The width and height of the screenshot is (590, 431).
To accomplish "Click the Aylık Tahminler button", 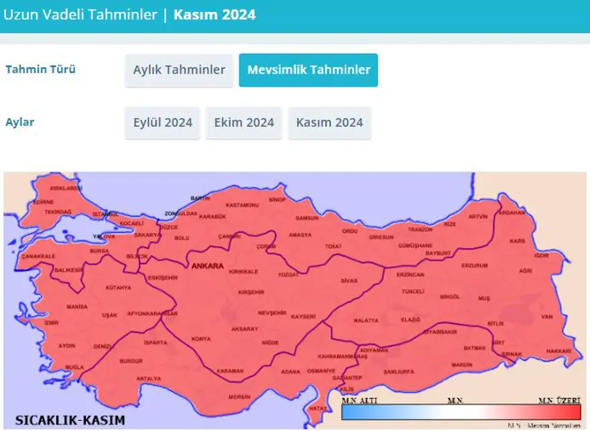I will tap(178, 70).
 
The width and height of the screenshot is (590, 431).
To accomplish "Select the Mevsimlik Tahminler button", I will tap(308, 70).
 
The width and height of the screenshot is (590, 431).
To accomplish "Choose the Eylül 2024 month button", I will tap(162, 123).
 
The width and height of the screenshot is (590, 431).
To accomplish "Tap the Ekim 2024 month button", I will tap(244, 123).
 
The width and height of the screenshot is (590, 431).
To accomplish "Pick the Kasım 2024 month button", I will tap(329, 123).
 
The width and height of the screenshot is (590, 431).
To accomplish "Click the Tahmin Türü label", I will tap(41, 70).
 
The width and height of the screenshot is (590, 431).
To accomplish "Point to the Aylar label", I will tap(20, 122).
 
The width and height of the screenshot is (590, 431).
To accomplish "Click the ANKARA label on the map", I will tap(207, 266).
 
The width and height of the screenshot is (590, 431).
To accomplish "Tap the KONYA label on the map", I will tap(200, 338).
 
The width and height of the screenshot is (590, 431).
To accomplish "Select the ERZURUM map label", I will tap(474, 265).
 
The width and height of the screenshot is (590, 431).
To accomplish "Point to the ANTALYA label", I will tap(148, 379).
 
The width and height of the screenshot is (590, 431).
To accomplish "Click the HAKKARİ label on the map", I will tap(558, 351).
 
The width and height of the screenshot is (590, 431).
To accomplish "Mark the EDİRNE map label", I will tap(43, 201).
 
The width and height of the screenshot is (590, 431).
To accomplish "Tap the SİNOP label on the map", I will tap(278, 199).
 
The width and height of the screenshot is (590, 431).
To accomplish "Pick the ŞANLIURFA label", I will tap(398, 371).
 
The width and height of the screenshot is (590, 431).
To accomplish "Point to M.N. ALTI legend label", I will tap(357, 401).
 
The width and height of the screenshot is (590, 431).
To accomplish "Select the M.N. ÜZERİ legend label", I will tap(559, 401).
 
